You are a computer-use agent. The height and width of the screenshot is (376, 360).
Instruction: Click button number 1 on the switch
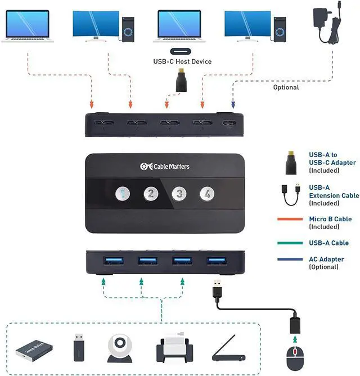[122, 194]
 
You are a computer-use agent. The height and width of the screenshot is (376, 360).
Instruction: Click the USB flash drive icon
[79, 347]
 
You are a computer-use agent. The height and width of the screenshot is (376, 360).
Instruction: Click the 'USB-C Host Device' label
[182, 61]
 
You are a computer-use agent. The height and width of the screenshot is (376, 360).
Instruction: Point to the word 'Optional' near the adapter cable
[286, 87]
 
